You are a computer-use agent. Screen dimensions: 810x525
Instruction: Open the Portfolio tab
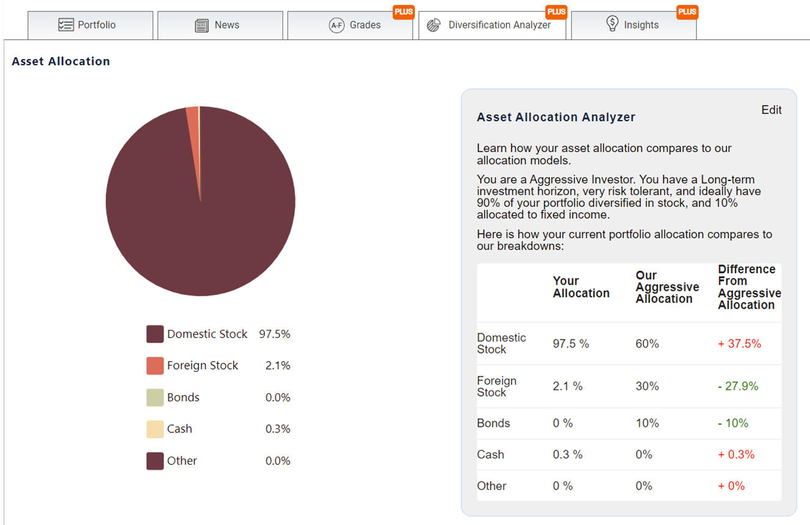(90, 25)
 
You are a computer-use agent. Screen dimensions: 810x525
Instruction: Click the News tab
(220, 25)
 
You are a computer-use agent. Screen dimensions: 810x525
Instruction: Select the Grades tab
(350, 25)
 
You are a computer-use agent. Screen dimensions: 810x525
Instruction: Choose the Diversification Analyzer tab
(492, 25)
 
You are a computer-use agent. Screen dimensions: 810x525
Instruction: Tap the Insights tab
(634, 25)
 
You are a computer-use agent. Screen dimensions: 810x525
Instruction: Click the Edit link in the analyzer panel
(772, 110)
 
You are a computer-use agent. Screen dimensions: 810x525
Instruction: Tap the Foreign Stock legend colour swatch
(155, 366)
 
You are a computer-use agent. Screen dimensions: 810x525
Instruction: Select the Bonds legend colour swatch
(155, 398)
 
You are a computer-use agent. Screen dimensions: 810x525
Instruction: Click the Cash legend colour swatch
(155, 429)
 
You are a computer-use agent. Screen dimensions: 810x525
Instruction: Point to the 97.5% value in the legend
(275, 334)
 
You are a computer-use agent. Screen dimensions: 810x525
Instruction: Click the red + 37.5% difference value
(739, 344)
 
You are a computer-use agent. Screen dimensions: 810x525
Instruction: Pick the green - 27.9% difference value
(738, 386)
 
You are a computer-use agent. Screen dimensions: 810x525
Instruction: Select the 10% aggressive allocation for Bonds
(647, 423)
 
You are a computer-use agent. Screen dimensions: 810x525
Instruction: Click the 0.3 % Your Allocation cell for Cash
(568, 454)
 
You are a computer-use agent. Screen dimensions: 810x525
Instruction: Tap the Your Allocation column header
(581, 287)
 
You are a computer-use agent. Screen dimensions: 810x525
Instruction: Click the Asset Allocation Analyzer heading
(556, 117)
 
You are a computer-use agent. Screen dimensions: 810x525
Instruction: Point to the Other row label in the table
(491, 486)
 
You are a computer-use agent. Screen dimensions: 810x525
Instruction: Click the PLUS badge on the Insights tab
(687, 12)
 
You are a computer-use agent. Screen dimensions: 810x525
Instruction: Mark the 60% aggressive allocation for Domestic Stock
(647, 344)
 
